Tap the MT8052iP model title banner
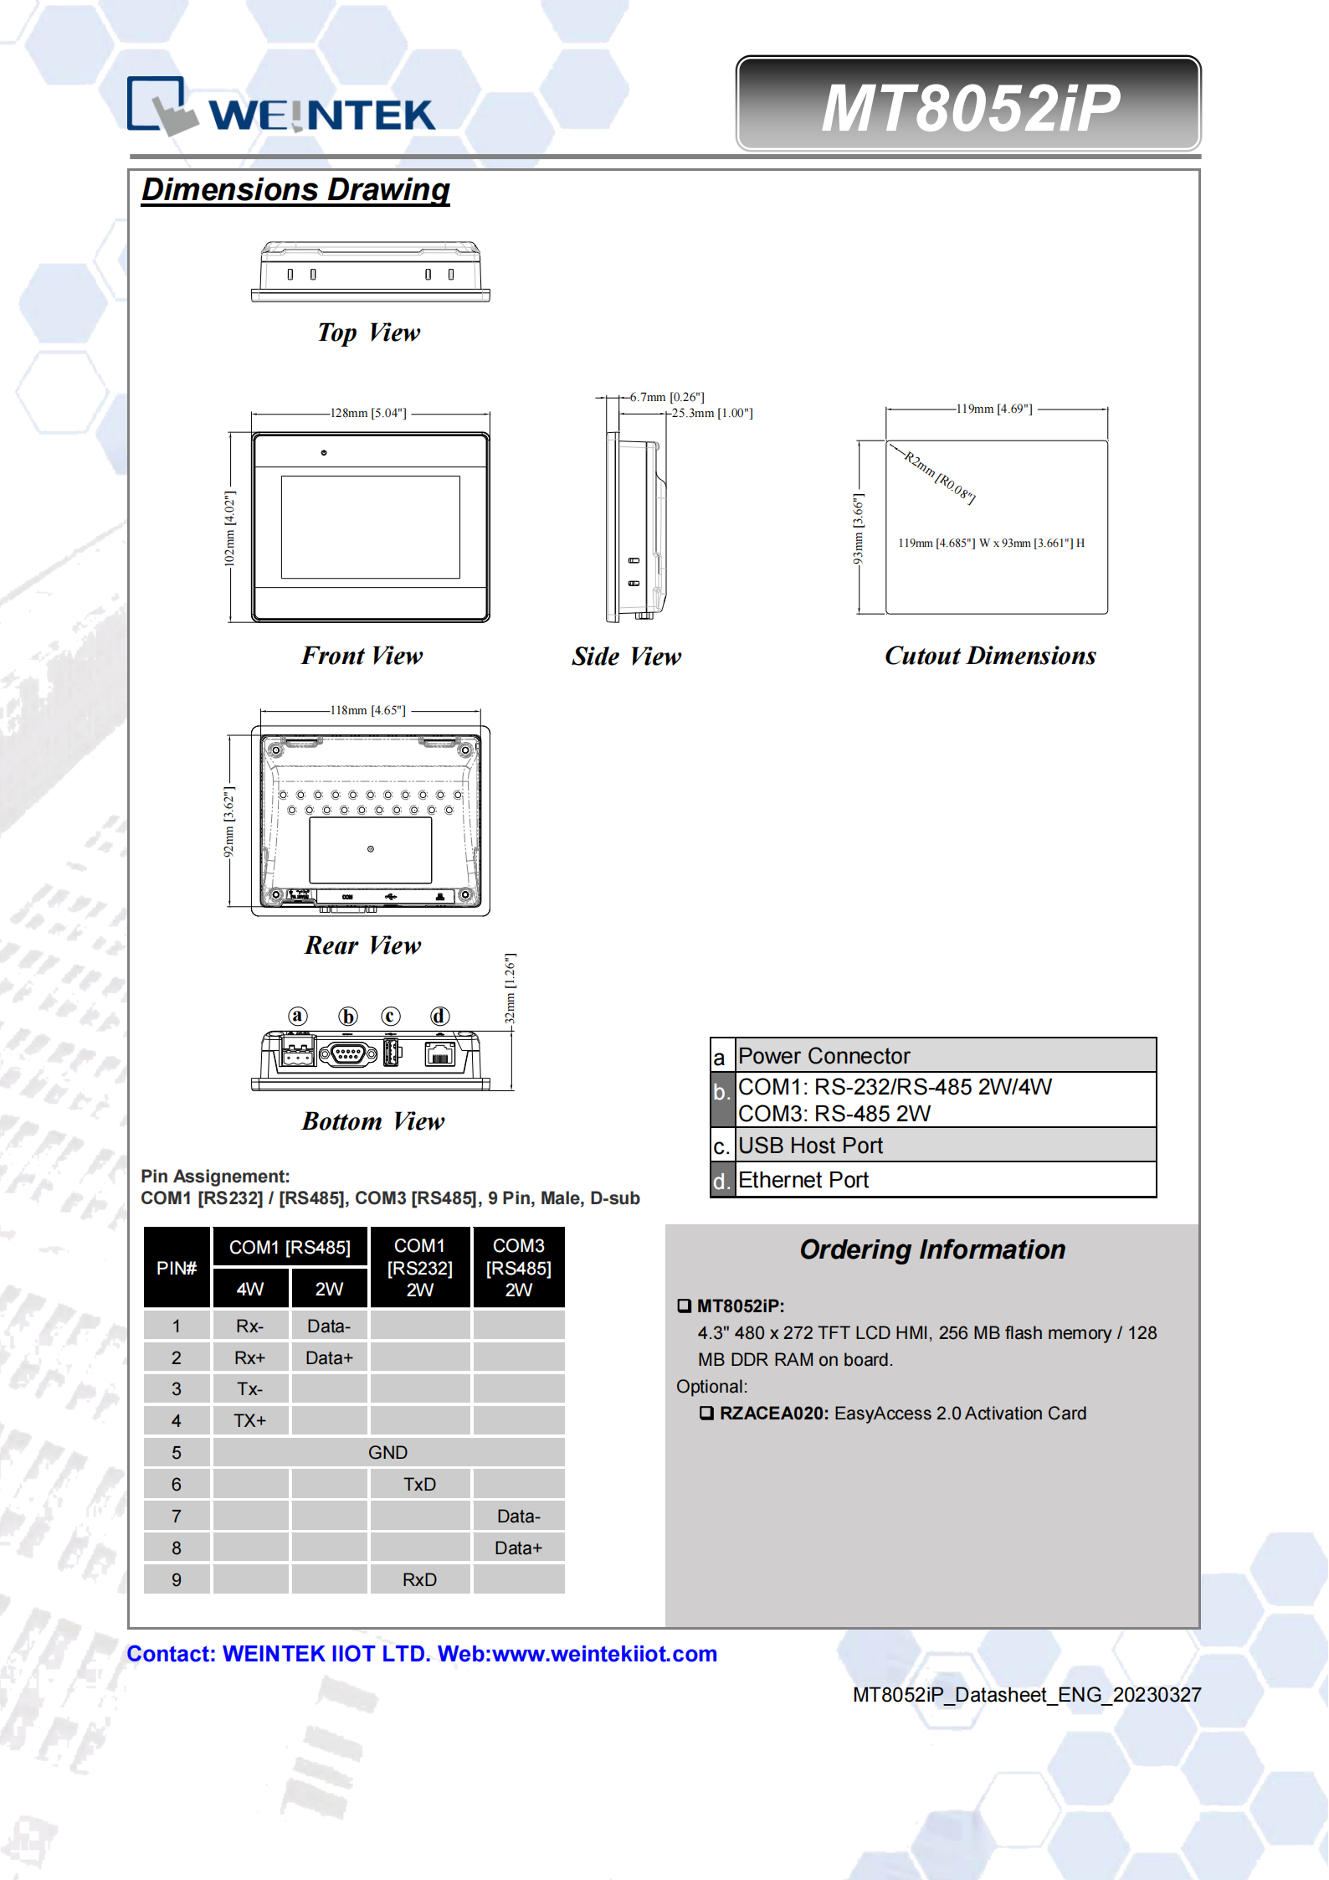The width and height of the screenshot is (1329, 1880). [968, 106]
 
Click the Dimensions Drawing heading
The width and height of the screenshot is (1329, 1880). [295, 190]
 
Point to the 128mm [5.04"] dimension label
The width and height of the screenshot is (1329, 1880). [368, 413]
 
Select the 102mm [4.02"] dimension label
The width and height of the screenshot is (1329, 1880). [230, 528]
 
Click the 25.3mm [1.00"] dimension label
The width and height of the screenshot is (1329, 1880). [711, 413]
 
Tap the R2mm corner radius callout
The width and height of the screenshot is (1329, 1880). [939, 477]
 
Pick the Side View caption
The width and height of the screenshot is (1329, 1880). [626, 657]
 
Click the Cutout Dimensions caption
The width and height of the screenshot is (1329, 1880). [990, 656]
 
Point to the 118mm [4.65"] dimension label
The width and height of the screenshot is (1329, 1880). [367, 710]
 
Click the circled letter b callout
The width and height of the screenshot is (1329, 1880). [347, 1016]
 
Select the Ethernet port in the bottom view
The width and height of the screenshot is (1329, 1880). [439, 1053]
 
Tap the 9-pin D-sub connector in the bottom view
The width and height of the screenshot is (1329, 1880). [346, 1054]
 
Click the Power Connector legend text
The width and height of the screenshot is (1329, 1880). [824, 1056]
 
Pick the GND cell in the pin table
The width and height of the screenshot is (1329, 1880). [387, 1452]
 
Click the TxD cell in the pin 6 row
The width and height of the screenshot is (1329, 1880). [419, 1484]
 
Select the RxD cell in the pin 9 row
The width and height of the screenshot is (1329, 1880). [419, 1579]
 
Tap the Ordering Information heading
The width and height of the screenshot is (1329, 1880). [932, 1249]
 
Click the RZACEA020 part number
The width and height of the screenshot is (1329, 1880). [773, 1414]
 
